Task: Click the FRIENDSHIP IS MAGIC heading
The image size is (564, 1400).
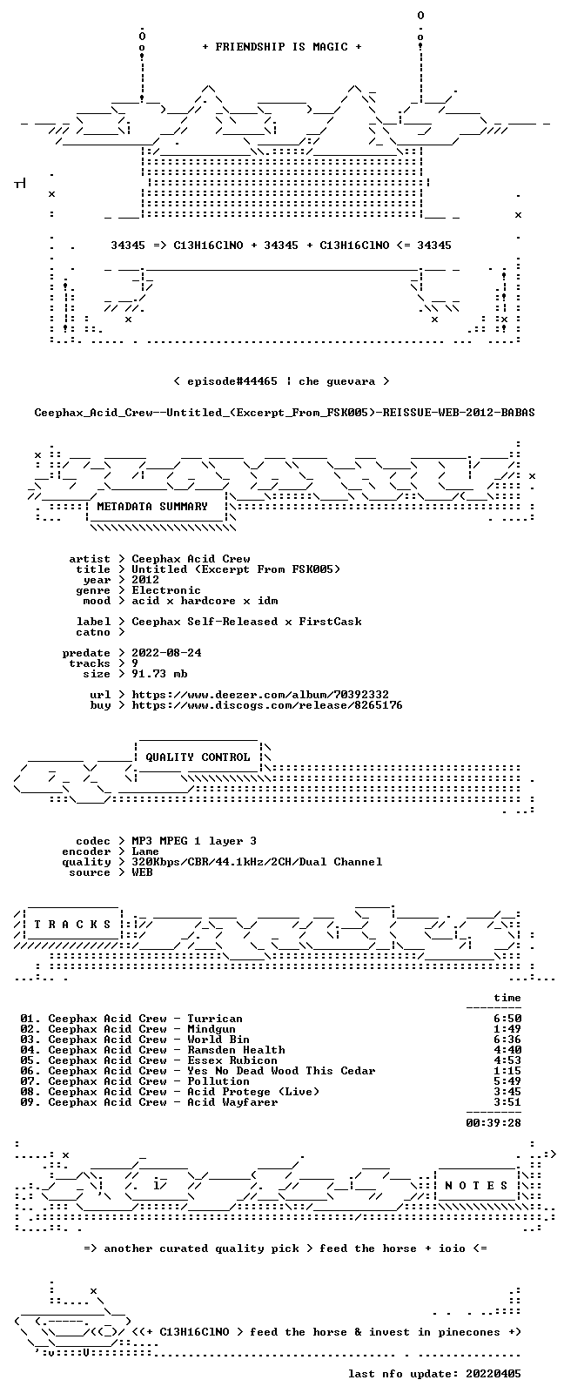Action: point(282,47)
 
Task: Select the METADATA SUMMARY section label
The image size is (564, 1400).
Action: point(152,506)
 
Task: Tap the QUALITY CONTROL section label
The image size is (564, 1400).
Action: point(198,757)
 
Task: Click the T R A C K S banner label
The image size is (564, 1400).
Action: point(72,925)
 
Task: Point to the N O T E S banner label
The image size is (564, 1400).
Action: point(477,1186)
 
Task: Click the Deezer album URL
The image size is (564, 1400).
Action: point(260,695)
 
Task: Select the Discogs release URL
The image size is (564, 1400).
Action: point(266,705)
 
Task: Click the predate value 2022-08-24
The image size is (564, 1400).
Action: point(166,652)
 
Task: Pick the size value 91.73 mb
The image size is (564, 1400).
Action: point(159,674)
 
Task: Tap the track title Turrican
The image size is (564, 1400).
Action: point(215,1019)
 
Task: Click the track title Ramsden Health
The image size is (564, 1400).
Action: point(236,1050)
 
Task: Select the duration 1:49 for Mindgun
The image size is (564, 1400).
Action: point(507,1029)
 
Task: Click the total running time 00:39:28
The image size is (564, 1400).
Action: point(493,1122)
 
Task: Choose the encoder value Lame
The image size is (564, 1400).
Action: point(144,851)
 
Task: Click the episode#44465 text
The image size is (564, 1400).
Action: point(232,381)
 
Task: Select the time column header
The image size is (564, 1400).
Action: point(507,998)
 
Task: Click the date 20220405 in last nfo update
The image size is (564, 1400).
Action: point(493,1374)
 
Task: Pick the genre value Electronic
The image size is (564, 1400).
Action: point(166,590)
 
